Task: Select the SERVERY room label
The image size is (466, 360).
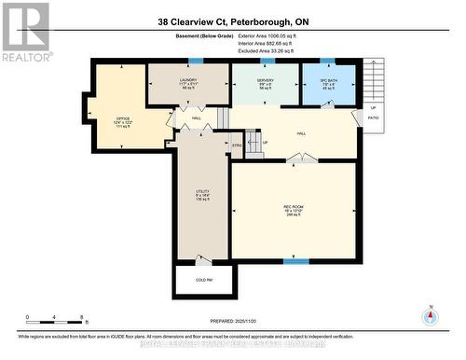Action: [264, 81]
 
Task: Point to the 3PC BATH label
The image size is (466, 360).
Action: [326, 81]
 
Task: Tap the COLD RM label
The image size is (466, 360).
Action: [201, 279]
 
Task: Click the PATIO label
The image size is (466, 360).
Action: [372, 118]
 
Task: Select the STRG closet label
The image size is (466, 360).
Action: [236, 145]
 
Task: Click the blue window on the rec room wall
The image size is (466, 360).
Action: [295, 262]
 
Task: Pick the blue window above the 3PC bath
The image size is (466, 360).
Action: [327, 62]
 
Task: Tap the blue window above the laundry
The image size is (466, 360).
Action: [194, 62]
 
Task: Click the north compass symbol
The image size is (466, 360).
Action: [430, 315]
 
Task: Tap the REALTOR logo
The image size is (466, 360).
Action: [24, 32]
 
